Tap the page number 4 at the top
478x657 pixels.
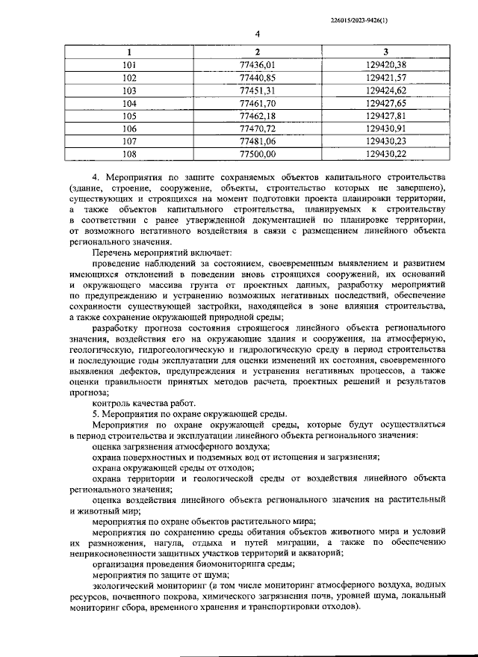[257, 34]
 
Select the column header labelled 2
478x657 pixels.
[257, 52]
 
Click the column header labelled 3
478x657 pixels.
[386, 52]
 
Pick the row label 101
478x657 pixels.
[129, 65]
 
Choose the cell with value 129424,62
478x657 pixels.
[386, 90]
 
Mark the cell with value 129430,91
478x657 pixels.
[386, 129]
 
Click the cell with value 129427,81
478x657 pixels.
[386, 116]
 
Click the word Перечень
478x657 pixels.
[112, 253]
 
